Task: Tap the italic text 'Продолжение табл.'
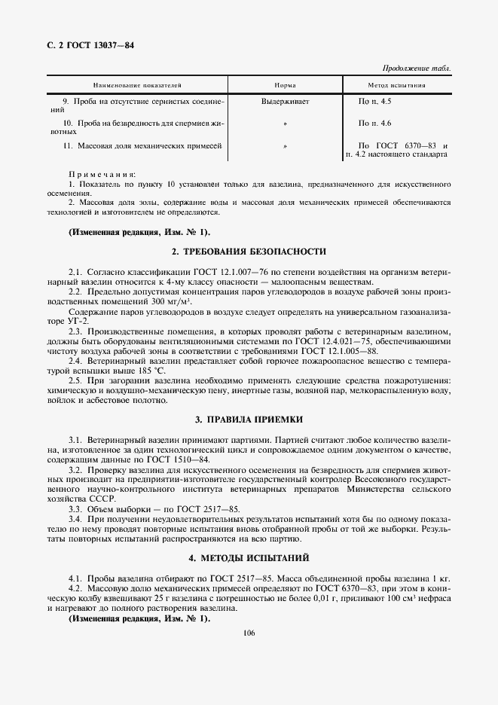(417, 69)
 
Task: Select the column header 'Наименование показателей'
(137, 85)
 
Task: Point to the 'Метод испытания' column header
(396, 85)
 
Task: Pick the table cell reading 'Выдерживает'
(285, 100)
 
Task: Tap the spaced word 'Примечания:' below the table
(97, 173)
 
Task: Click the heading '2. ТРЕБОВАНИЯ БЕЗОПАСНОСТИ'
(249, 252)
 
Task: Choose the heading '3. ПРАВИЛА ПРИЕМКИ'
(249, 418)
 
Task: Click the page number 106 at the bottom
(249, 633)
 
